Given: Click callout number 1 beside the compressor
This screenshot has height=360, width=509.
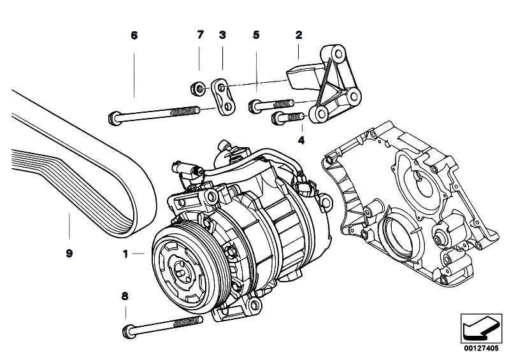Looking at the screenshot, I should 127,254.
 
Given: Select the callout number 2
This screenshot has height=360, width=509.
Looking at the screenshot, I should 298,36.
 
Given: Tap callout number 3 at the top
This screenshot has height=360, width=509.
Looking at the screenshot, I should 222,36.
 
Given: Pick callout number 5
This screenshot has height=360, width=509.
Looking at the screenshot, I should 256,36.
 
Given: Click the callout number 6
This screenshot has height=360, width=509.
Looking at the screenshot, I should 134,36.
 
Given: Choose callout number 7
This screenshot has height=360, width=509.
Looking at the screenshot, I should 199,36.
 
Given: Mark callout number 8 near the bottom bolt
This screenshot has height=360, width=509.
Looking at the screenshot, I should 125,296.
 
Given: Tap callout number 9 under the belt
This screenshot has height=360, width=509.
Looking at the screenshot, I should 69,253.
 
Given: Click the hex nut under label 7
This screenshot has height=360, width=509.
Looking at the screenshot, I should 199,87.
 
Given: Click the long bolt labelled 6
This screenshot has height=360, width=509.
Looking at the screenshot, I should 153,115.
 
